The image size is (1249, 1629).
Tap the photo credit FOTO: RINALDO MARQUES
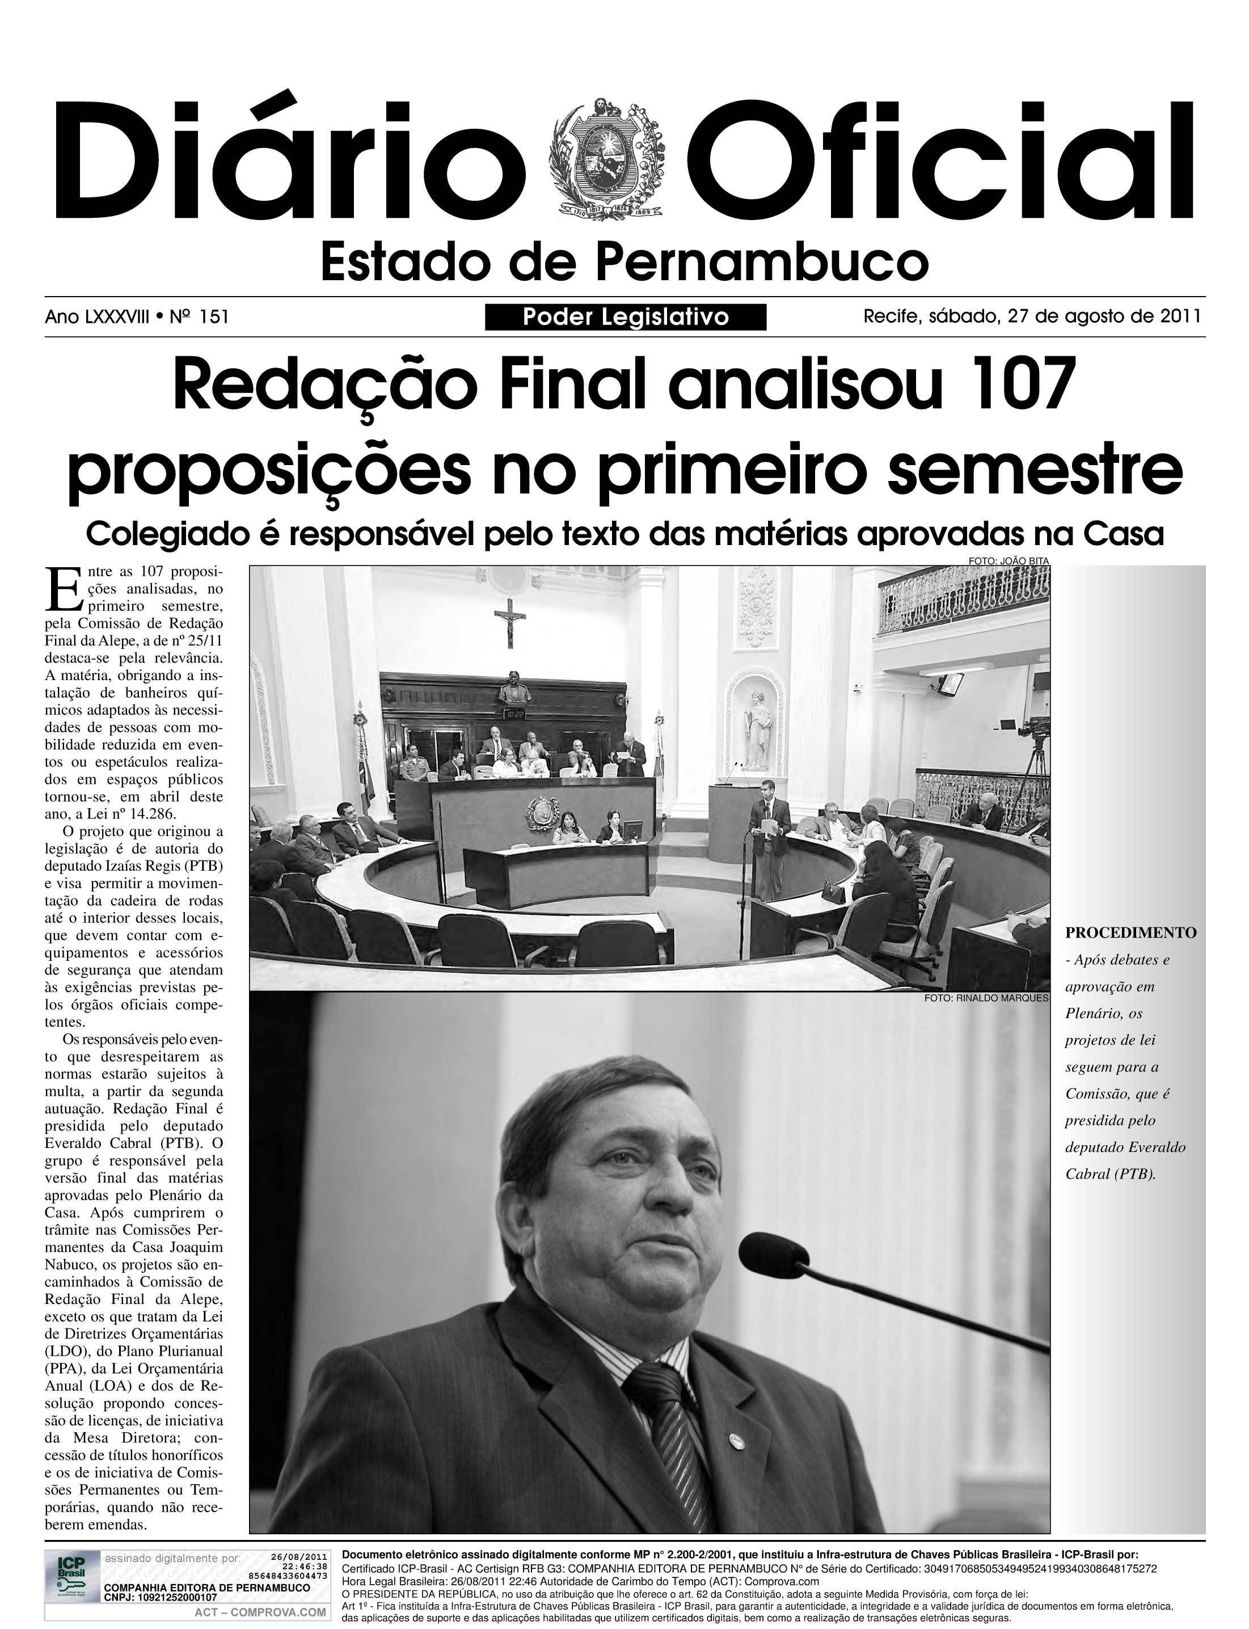pyautogui.click(x=986, y=998)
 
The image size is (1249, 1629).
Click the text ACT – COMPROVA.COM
pyautogui.click(x=260, y=1612)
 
